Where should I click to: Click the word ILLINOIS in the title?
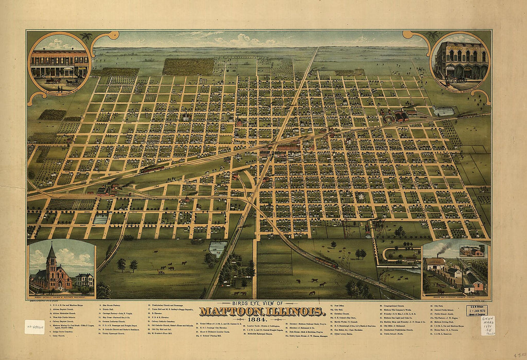(x=298, y=312)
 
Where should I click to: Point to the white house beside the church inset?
(x=84, y=280)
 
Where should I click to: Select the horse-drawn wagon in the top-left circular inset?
(x=72, y=81)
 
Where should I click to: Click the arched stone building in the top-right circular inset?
(x=461, y=60)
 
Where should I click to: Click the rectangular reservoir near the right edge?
(x=443, y=111)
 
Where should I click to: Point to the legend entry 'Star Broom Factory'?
(x=112, y=304)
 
